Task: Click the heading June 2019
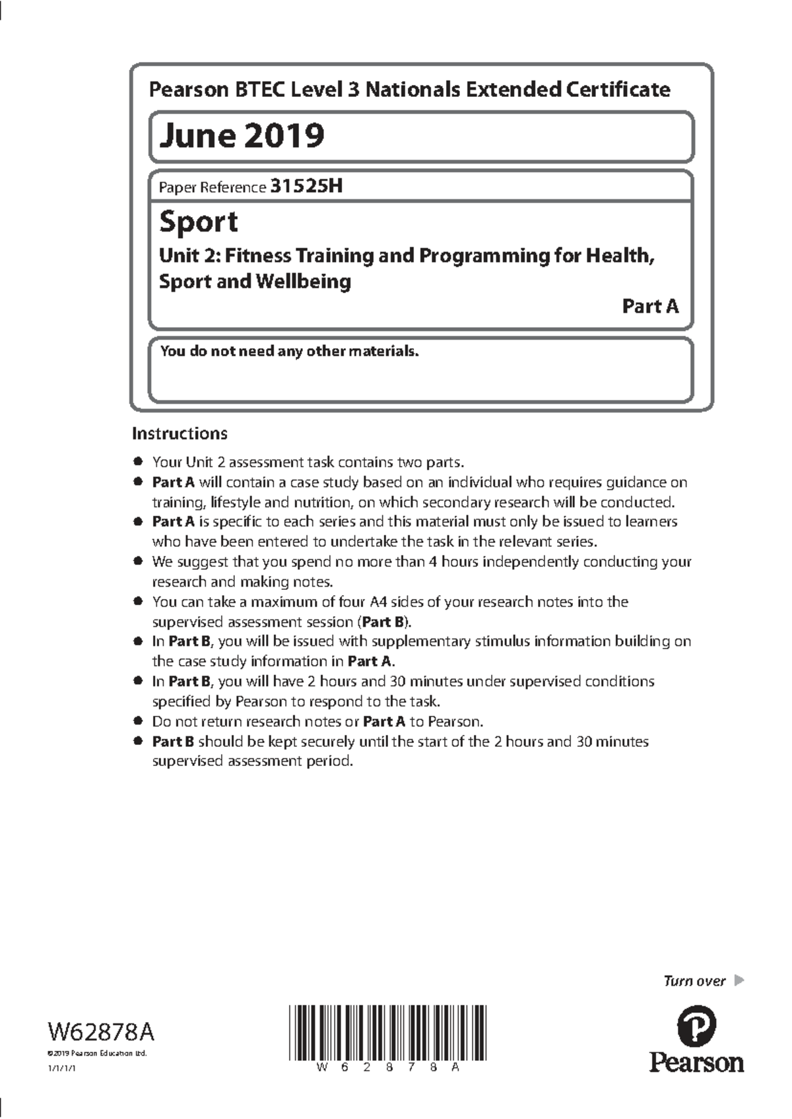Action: (242, 136)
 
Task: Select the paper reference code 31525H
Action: (306, 187)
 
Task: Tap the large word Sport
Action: (198, 222)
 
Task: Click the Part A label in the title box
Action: (650, 306)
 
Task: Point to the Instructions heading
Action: (180, 433)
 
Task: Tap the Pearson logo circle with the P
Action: (696, 1027)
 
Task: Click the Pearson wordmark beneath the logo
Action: (696, 1062)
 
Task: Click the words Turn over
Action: (694, 981)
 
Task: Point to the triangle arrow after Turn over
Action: (739, 980)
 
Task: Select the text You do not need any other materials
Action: (289, 351)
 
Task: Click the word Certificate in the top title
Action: (617, 89)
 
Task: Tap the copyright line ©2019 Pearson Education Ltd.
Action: (96, 1053)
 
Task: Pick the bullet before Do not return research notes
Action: (138, 721)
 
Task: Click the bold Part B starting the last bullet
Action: (173, 742)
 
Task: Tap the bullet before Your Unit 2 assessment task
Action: (138, 462)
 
